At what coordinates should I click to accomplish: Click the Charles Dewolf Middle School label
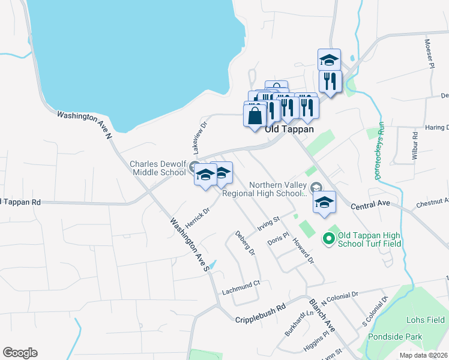(158, 168)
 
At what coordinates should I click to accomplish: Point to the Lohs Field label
(425, 320)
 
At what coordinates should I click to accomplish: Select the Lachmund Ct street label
(240, 283)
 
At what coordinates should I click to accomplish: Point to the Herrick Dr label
(197, 218)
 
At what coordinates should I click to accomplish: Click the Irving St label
(269, 224)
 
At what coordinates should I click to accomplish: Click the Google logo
(20, 353)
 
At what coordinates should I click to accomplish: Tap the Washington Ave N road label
(85, 124)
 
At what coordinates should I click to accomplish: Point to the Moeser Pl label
(429, 54)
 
